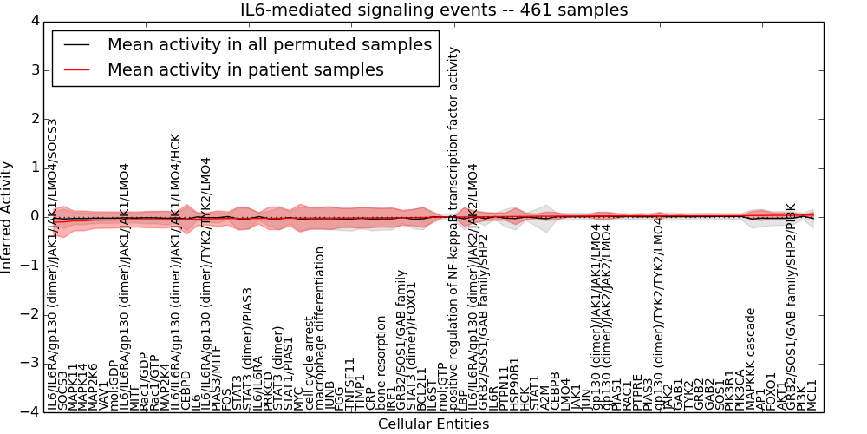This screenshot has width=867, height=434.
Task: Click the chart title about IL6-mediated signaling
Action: [x=433, y=10]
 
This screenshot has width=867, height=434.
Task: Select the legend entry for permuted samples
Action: [x=269, y=45]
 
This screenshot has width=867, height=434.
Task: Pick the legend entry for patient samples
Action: [x=245, y=70]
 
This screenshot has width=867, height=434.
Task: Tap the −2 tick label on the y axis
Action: [x=32, y=314]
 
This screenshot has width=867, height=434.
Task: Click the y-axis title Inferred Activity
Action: [x=8, y=216]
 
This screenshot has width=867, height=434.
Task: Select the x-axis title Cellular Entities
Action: [x=433, y=424]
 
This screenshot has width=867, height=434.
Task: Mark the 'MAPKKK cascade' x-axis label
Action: [x=751, y=359]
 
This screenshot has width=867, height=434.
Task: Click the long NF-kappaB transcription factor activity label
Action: [x=453, y=227]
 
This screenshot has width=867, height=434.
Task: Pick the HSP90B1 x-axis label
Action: [x=515, y=383]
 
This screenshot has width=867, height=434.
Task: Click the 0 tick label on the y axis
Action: [x=35, y=216]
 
